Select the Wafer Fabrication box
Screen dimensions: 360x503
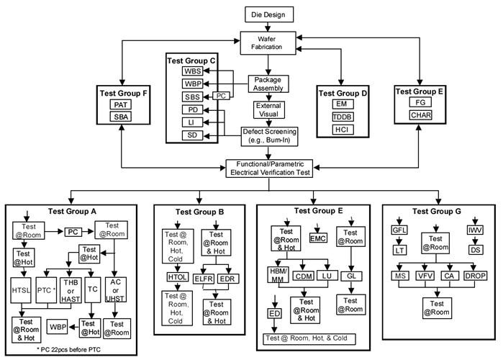point(268,42)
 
